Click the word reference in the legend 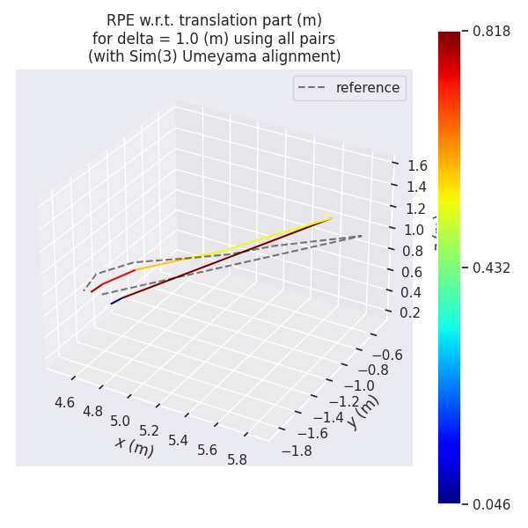point(367,88)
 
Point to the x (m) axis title point(134,446)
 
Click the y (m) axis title point(363,411)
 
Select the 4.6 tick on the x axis point(64,402)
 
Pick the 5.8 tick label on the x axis point(237,459)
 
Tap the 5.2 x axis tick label point(149,430)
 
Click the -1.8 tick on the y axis point(296,451)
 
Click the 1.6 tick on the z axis point(416,165)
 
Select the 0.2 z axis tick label point(409,312)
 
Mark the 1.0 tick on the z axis point(413,230)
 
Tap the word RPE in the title point(121,20)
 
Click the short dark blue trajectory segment point(116,301)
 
